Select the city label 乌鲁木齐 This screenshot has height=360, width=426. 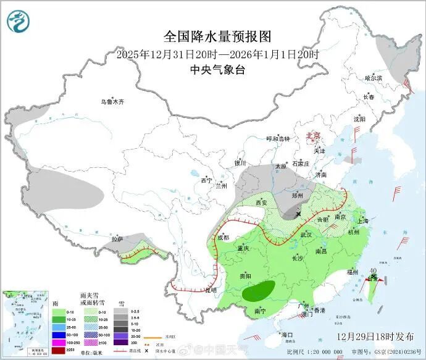click(113, 102)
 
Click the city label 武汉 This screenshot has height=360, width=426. click(306, 235)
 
